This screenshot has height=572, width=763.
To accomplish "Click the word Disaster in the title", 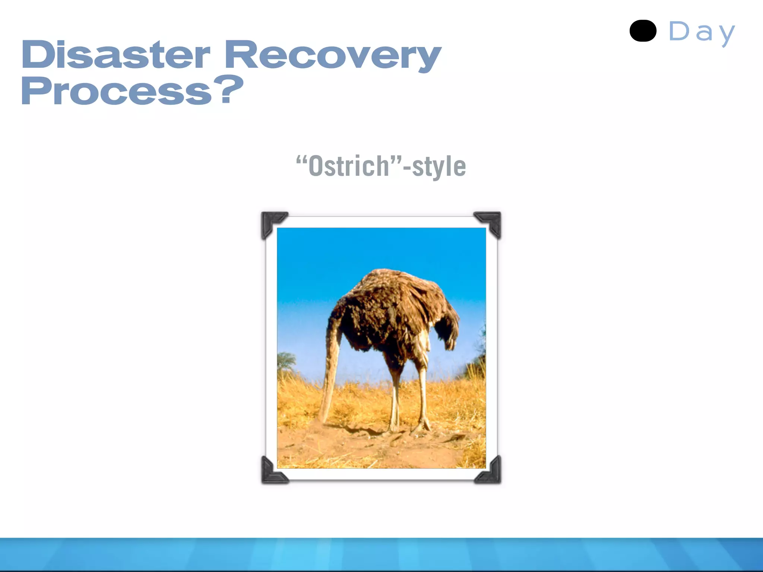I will tap(115, 55).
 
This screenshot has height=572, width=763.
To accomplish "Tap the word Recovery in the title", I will tap(332, 56).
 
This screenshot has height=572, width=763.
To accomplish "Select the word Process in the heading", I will tap(116, 91).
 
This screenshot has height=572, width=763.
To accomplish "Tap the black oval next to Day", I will tap(643, 31).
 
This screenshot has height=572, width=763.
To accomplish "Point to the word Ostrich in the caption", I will tap(349, 166).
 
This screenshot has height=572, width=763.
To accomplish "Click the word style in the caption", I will tap(439, 167).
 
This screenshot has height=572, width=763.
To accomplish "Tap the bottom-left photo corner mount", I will tap(272, 472).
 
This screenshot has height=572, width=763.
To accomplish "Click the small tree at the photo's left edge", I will tap(286, 361).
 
